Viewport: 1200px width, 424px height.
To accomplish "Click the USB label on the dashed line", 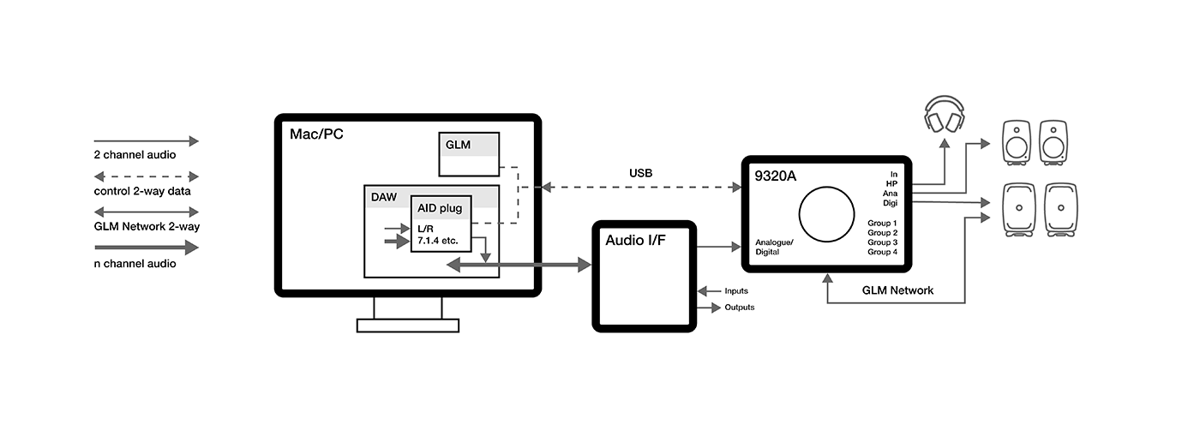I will click(x=640, y=173).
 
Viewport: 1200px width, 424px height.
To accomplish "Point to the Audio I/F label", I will click(x=635, y=241).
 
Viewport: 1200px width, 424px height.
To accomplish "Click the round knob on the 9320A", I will click(x=827, y=214).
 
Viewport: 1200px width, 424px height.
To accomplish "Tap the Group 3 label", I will click(x=882, y=242).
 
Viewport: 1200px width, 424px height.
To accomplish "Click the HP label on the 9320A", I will click(x=891, y=183).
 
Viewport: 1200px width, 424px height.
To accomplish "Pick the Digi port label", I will click(x=890, y=203).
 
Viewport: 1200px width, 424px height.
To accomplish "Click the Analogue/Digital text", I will click(x=775, y=248).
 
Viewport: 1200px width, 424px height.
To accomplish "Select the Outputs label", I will click(x=740, y=308).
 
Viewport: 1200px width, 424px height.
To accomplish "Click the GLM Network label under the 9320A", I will click(x=897, y=290).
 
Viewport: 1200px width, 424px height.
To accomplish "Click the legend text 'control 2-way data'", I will click(x=141, y=191).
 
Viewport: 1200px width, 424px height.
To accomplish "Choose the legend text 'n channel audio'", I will click(x=135, y=264).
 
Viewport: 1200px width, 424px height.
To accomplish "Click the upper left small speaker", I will click(x=1017, y=141).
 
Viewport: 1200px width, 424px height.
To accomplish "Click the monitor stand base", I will click(x=408, y=325).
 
